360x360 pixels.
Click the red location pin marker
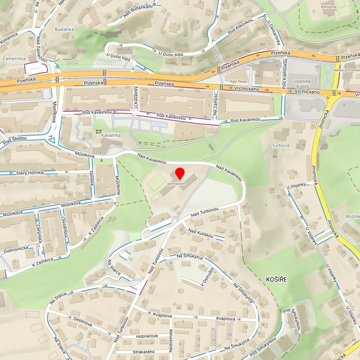180,174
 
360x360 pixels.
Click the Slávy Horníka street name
29,173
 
